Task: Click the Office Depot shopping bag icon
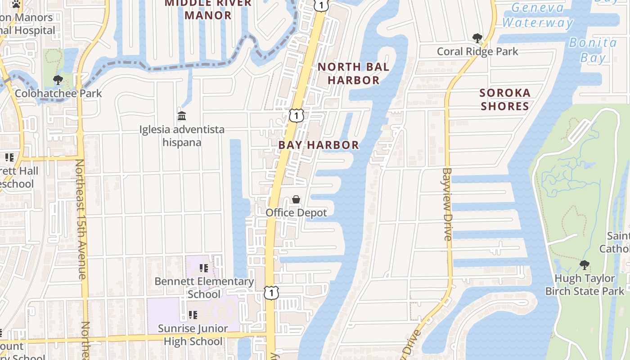click(296, 199)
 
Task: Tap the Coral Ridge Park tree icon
click(477, 38)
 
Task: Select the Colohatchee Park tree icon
click(58, 81)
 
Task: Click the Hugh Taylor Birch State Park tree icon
click(584, 265)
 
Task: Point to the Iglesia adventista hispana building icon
click(182, 116)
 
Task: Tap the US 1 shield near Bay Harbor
click(296, 115)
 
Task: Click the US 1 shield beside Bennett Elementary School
click(271, 293)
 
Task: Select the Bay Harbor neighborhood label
click(319, 145)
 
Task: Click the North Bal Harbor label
click(353, 74)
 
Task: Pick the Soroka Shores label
click(505, 99)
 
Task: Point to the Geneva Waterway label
click(537, 15)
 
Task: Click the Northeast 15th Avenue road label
click(81, 219)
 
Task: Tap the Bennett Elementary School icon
click(204, 268)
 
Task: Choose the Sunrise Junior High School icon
click(193, 315)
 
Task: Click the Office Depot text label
click(296, 212)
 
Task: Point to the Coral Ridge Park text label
click(477, 52)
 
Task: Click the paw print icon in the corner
click(16, 4)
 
